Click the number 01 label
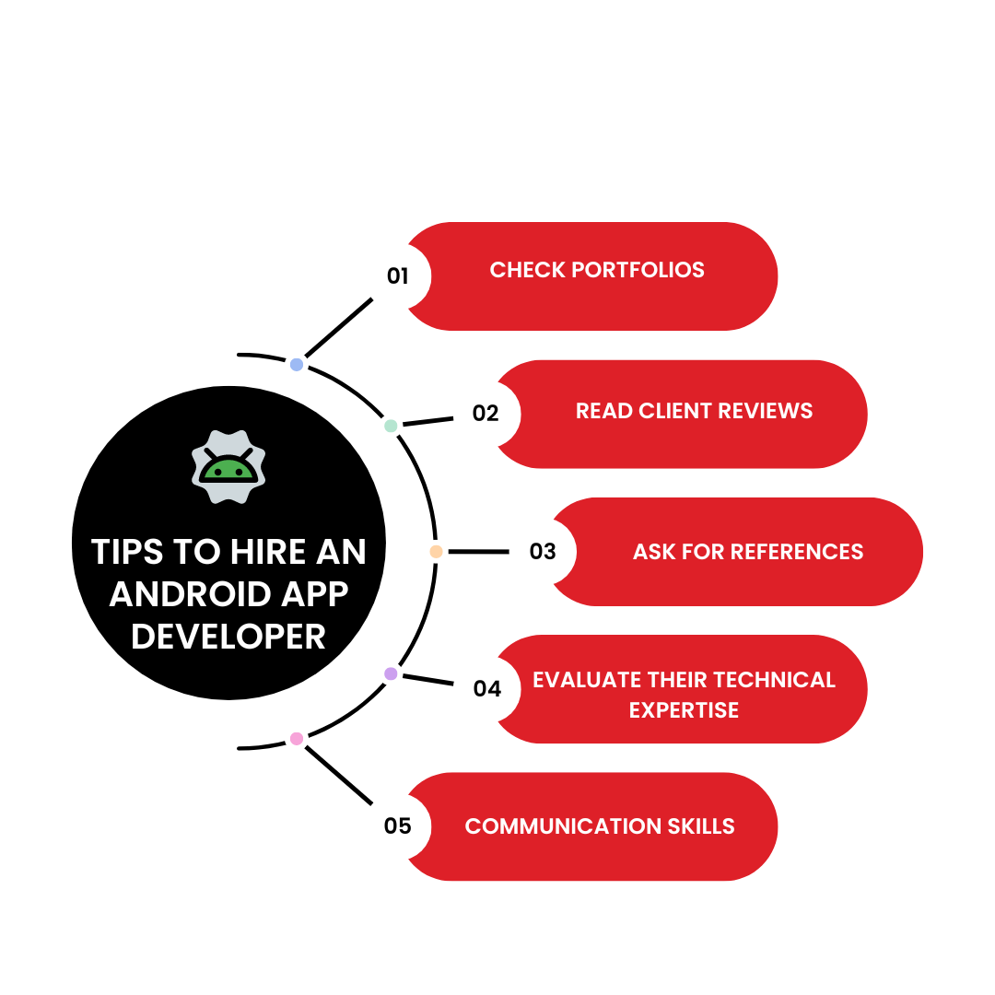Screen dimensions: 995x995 pyautogui.click(x=397, y=275)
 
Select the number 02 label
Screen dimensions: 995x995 pyautogui.click(x=486, y=414)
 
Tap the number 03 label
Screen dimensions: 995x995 pyautogui.click(x=543, y=552)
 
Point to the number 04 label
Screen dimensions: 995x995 pyautogui.click(x=486, y=688)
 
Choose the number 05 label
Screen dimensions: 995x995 pyautogui.click(x=397, y=825)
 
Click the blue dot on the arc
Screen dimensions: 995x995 pyautogui.click(x=297, y=365)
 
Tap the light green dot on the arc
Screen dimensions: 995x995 pyautogui.click(x=391, y=426)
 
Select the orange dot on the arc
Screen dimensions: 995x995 pyautogui.click(x=436, y=552)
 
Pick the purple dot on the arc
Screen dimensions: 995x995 pyautogui.click(x=391, y=673)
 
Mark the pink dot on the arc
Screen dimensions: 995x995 pyautogui.click(x=297, y=738)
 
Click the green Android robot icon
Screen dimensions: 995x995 pyautogui.click(x=228, y=467)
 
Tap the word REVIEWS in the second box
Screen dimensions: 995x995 pyautogui.click(x=767, y=411)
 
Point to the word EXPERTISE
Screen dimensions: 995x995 pyautogui.click(x=684, y=709)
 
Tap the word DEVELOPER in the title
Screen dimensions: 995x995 pyautogui.click(x=228, y=637)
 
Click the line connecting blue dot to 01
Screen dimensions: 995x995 pyautogui.click(x=338, y=328)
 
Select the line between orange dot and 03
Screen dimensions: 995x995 pyautogui.click(x=478, y=552)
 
